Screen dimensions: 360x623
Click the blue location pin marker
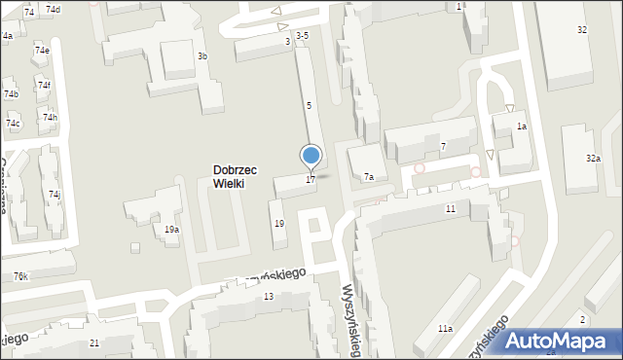pos(311,156)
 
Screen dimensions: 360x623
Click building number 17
pos(310,179)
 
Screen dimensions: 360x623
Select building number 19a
pos(171,230)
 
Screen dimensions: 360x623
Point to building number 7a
pos(369,177)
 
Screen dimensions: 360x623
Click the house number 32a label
pos(593,158)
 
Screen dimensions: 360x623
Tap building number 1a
pos(522,126)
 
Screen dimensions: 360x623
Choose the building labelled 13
pos(268,296)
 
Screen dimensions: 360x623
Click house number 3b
pos(202,56)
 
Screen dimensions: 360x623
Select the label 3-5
pos(302,36)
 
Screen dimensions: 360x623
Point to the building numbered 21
pos(94,343)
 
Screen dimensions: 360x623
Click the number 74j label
pos(55,195)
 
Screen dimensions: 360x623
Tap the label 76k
pos(20,277)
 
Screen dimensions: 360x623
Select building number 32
pos(582,30)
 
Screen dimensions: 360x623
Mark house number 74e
pos(42,51)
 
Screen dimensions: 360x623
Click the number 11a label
pos(444,329)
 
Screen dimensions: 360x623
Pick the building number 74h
pos(49,118)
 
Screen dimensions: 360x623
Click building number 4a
pos(7,36)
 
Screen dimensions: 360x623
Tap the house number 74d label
pos(53,10)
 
